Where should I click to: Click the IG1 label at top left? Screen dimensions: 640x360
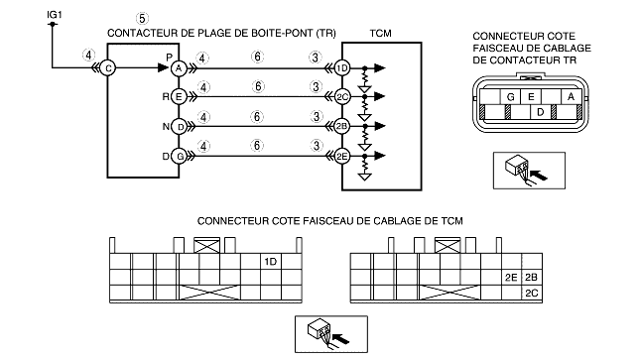click(x=55, y=15)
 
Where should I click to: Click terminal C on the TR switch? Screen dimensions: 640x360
click(x=108, y=68)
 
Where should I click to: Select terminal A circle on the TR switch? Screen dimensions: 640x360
click(x=179, y=68)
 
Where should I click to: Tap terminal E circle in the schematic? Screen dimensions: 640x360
click(x=179, y=97)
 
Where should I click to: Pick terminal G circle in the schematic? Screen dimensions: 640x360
click(x=180, y=156)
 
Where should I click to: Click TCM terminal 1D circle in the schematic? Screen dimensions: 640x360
click(x=342, y=68)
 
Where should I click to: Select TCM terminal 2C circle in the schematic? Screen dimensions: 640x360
click(x=342, y=97)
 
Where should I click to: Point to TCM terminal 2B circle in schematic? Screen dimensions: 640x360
click(x=341, y=127)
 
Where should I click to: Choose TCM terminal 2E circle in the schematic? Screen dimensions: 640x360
click(x=341, y=156)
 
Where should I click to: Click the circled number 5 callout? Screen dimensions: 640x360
click(x=142, y=19)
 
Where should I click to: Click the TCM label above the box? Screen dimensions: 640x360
click(x=380, y=34)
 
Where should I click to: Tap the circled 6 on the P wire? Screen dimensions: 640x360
click(x=257, y=57)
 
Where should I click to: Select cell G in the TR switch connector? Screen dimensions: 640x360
click(x=510, y=97)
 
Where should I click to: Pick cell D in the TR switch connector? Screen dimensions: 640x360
click(x=541, y=112)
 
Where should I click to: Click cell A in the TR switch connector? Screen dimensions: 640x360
click(x=571, y=97)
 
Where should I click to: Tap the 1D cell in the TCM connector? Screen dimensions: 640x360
click(x=271, y=261)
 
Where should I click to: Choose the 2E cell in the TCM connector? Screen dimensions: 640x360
click(x=511, y=278)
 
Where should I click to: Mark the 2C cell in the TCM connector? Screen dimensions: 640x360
click(x=532, y=294)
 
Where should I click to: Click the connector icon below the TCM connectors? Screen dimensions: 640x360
click(x=331, y=334)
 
